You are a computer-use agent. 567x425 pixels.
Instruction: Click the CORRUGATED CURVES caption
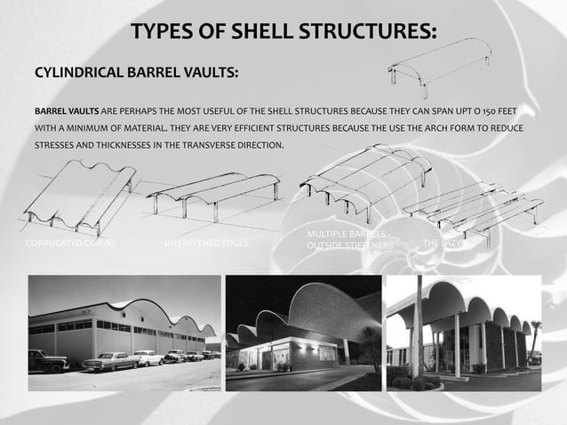(x=70, y=243)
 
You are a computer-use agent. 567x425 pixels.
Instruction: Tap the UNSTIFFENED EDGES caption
(x=207, y=243)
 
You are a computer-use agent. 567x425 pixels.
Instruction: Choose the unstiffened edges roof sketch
(x=213, y=192)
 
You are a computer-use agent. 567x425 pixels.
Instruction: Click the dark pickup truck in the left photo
(x=48, y=360)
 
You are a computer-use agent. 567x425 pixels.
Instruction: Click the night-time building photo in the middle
(x=303, y=333)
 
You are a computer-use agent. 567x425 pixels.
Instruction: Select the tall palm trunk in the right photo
(x=416, y=329)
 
